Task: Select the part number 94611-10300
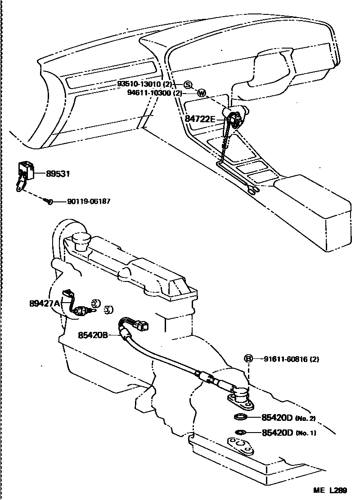149,93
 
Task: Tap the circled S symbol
188,85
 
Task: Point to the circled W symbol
202,94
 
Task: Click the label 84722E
200,119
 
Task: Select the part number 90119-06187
89,202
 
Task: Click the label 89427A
45,304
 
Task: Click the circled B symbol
248,359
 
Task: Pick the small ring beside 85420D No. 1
240,433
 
